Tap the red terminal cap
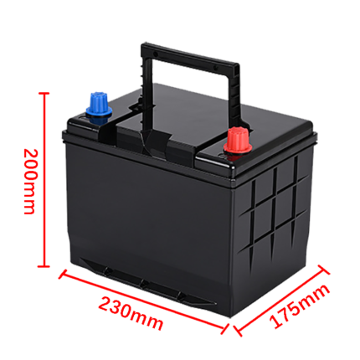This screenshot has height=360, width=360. tap(238, 141)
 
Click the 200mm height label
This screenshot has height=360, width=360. tap(29, 182)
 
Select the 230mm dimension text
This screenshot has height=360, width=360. tap(131, 313)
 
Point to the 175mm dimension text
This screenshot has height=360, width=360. tap(300, 306)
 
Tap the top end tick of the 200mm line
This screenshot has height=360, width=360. tap(44, 93)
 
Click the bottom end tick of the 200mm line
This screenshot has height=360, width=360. tap(44, 266)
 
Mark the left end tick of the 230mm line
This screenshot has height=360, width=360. tap(63, 274)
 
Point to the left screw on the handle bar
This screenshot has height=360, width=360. tap(156, 54)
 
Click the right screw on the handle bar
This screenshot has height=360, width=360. tap(215, 68)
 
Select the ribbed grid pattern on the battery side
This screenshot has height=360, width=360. tap(275, 212)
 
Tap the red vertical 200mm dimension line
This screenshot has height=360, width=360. tap(44, 180)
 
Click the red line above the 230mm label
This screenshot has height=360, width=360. tap(143, 301)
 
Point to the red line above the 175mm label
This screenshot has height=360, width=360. tap(280, 301)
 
